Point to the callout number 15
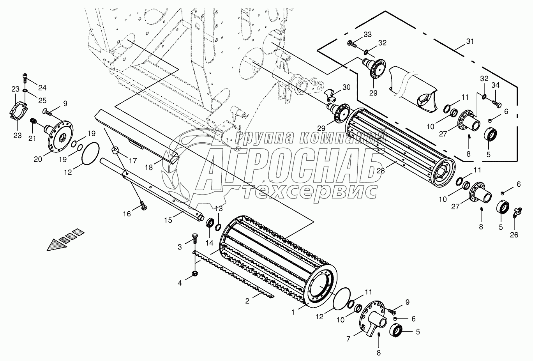(x=168, y=220)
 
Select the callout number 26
(x=515, y=235)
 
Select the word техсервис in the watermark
(x=310, y=191)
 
